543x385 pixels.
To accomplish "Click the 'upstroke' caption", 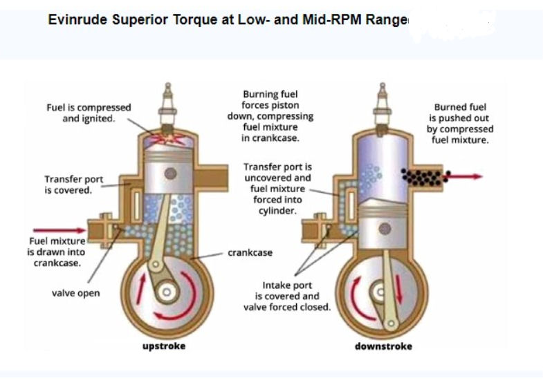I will click(x=164, y=346).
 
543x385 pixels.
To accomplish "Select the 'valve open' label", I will click(x=75, y=293).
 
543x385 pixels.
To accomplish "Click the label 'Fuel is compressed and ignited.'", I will click(x=89, y=113).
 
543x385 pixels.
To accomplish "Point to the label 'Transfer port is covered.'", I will click(x=74, y=185).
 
